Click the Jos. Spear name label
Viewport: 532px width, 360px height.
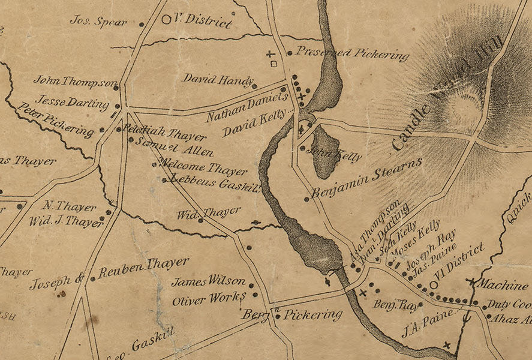(98, 21)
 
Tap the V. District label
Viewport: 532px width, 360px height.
(202, 20)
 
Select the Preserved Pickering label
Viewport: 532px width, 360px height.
(352, 54)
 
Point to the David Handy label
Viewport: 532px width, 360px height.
(216, 79)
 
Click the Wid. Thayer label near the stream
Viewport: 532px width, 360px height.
(209, 213)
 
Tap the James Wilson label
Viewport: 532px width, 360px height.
(208, 281)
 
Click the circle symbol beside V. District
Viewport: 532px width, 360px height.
(166, 19)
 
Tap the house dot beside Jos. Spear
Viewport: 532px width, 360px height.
(142, 25)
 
